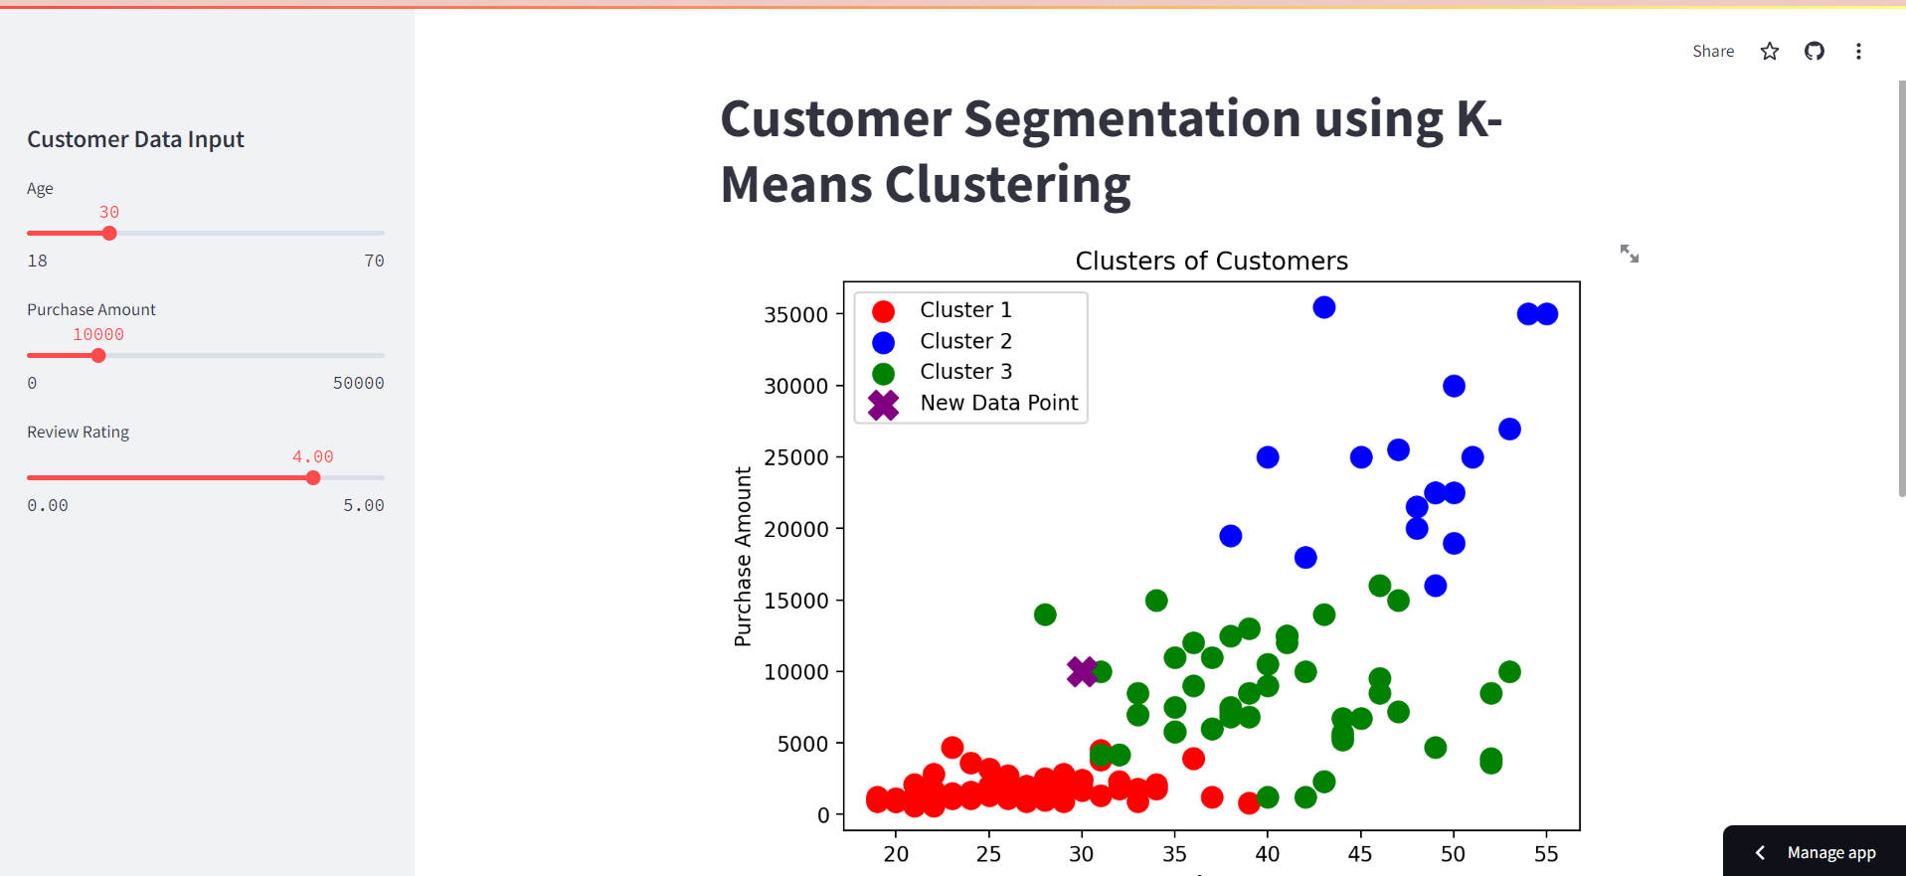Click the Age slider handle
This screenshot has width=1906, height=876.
(x=109, y=233)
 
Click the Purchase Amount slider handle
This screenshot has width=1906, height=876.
(x=98, y=355)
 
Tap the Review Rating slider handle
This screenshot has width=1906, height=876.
(x=313, y=477)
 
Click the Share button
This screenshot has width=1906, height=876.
(x=1712, y=51)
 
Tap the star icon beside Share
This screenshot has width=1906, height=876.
(x=1769, y=51)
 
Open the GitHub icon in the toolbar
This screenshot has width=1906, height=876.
(x=1814, y=51)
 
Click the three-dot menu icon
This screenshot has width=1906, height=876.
(x=1857, y=51)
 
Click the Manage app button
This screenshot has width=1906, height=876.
(x=1829, y=852)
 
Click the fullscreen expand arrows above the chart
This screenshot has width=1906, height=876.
(x=1629, y=254)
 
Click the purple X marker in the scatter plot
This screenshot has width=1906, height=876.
(x=1082, y=671)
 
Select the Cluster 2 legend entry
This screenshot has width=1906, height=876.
(x=964, y=341)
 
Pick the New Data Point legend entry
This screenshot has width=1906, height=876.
(x=998, y=403)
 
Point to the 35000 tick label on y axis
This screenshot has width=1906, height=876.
(x=795, y=315)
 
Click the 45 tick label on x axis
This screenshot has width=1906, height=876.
(x=1360, y=854)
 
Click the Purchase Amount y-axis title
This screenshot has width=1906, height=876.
(x=743, y=557)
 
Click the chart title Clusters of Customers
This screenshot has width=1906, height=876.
(x=1211, y=261)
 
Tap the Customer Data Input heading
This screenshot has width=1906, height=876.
(x=135, y=139)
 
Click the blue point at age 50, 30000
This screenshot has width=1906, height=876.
(x=1454, y=386)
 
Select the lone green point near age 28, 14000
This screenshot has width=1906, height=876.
(x=1044, y=614)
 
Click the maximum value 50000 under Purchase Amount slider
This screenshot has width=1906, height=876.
(x=358, y=383)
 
